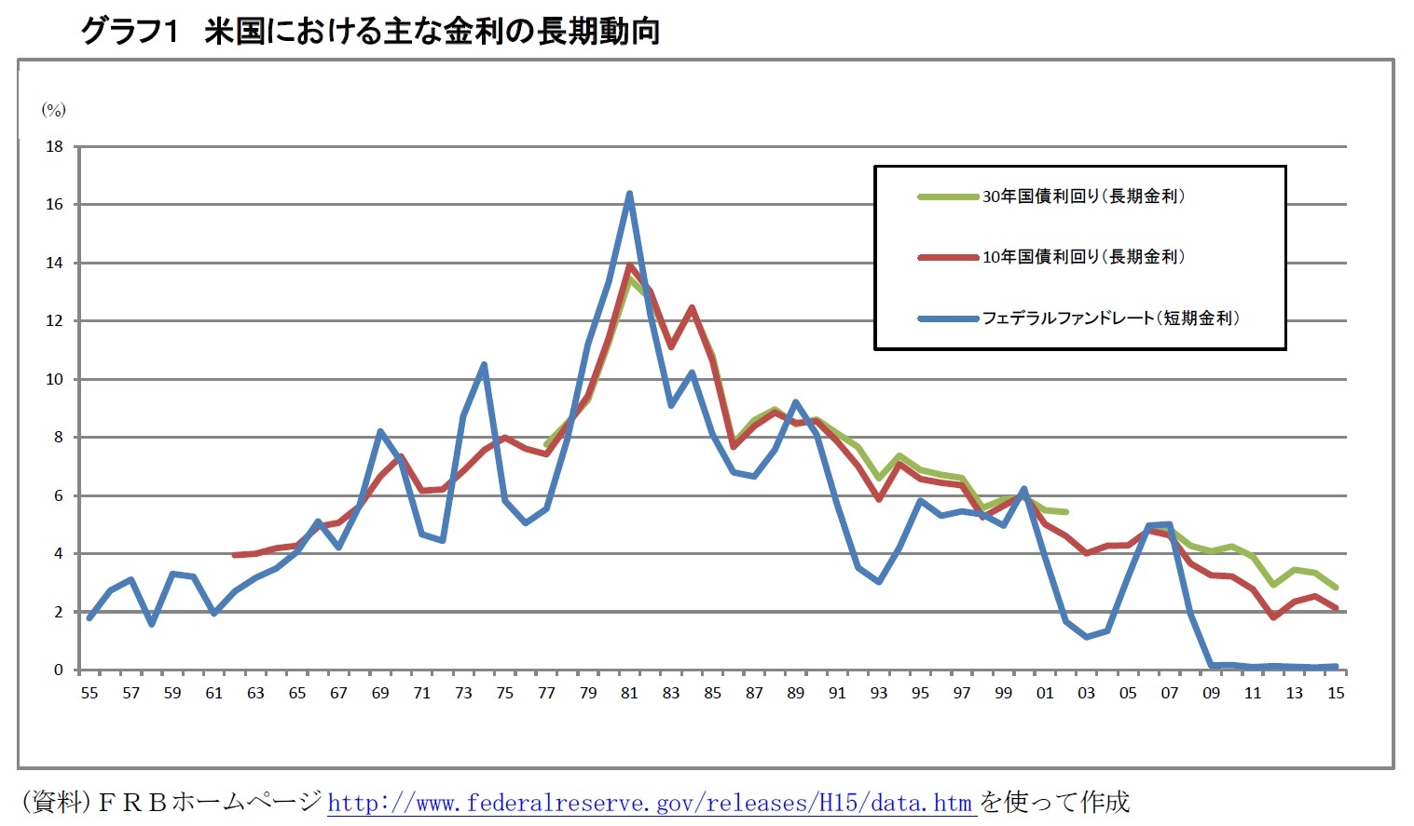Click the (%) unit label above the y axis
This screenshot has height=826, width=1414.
tap(53, 110)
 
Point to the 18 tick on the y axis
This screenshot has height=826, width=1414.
tap(54, 146)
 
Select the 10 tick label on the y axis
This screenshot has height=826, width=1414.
tap(54, 379)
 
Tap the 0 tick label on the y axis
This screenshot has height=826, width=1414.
tap(58, 670)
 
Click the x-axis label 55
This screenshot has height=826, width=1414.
tap(89, 693)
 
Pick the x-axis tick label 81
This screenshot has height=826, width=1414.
tap(629, 693)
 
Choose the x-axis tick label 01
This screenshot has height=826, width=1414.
tap(1045, 693)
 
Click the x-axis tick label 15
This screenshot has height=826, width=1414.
tap(1336, 693)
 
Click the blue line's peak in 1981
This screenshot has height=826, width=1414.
tap(629, 194)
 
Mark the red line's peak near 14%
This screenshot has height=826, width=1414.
tap(630, 265)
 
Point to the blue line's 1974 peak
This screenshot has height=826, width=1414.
tap(484, 364)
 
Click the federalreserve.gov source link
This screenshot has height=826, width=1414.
tap(650, 803)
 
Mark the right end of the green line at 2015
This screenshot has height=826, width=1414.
tap(1336, 588)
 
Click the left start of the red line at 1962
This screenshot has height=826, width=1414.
tap(234, 555)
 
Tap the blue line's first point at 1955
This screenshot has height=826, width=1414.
tap(89, 617)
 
